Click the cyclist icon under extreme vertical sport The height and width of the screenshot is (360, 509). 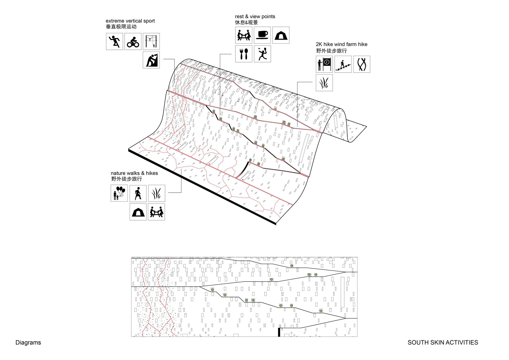click(x=133, y=42)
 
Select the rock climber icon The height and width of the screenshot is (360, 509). click(x=151, y=60)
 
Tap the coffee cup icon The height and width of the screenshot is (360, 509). click(x=262, y=35)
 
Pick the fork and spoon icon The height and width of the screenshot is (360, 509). click(x=244, y=54)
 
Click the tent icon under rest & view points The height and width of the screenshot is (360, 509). click(x=281, y=35)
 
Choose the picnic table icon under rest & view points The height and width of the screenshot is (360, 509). click(x=244, y=35)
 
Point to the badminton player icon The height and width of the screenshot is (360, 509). click(x=262, y=54)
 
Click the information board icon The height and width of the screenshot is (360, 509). click(x=324, y=64)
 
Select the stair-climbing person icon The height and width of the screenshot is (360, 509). click(x=343, y=64)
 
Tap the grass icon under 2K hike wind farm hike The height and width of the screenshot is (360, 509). click(x=324, y=83)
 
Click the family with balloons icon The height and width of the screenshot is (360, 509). click(x=119, y=193)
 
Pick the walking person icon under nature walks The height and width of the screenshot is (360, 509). click(x=138, y=193)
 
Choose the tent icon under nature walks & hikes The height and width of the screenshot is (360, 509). click(x=138, y=212)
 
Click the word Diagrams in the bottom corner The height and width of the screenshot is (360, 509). click(x=28, y=343)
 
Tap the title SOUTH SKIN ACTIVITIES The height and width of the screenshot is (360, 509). click(x=443, y=343)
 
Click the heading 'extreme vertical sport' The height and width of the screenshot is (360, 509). click(x=130, y=21)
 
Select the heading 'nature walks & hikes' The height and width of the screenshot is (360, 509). click(x=134, y=173)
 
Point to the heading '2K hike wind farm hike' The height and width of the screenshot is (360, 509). click(x=342, y=44)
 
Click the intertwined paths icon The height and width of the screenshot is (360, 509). click(x=362, y=64)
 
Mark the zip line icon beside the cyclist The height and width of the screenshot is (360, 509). click(x=151, y=42)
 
